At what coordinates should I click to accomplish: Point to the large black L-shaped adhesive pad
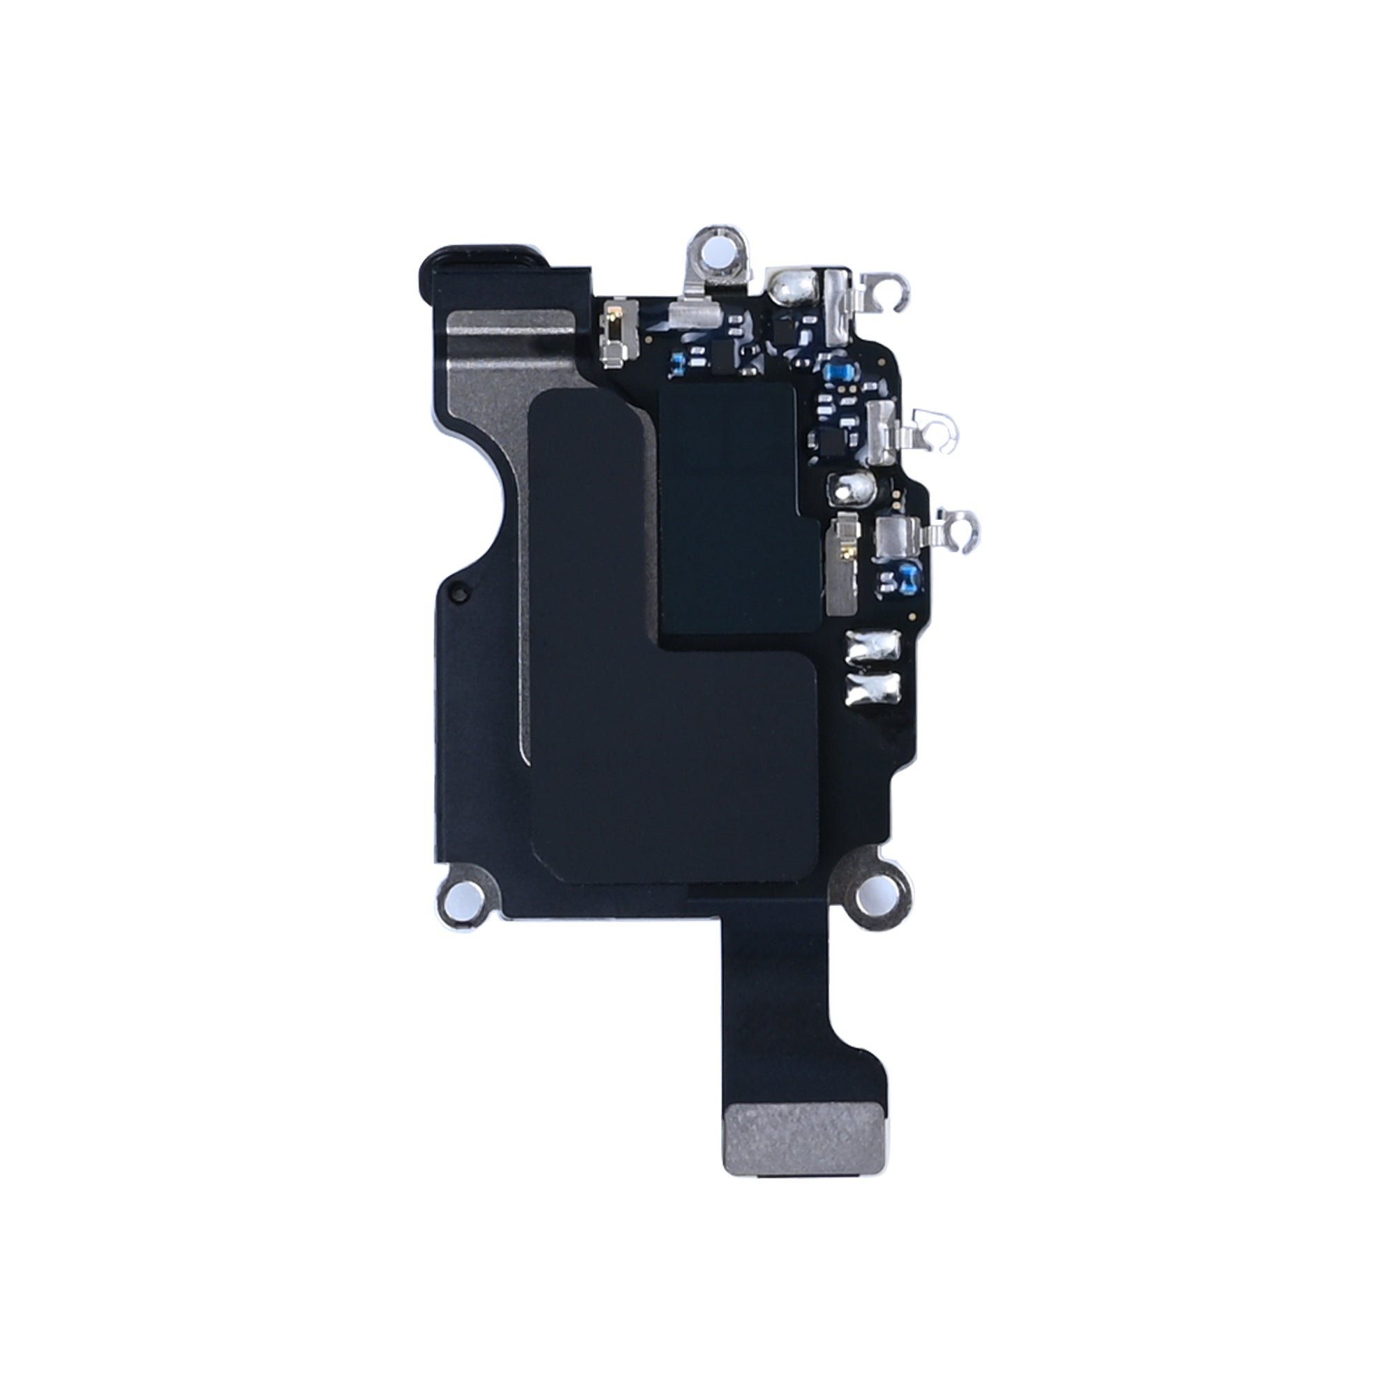coord(651,759)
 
